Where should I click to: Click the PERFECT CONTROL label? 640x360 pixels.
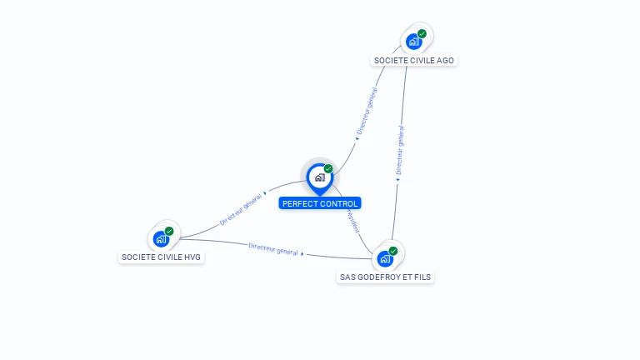[x=320, y=203]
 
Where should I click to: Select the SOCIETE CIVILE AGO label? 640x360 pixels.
[x=414, y=60]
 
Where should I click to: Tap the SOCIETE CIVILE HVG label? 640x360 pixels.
[x=162, y=257]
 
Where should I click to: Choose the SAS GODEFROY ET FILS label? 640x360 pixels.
[x=385, y=277]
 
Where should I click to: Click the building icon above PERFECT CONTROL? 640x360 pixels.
[x=319, y=177]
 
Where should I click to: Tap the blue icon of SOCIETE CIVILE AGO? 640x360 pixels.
[x=413, y=41]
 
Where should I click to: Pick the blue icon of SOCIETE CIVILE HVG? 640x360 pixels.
[x=161, y=238]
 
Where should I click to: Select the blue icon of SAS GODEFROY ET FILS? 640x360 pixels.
[x=384, y=258]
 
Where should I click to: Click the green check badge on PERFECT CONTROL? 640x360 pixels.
[x=328, y=168]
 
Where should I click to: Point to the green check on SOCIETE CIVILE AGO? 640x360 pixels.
[x=422, y=33]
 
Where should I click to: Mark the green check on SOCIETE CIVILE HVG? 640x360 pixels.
[x=169, y=231]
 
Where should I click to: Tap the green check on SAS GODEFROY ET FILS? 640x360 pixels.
[x=393, y=251]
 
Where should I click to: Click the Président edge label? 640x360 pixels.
[x=353, y=222]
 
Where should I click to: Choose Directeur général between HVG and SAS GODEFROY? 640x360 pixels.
[x=273, y=249]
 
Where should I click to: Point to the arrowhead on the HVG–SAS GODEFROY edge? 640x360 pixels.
[x=302, y=253]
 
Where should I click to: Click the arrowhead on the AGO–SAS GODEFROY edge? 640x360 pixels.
[x=398, y=178]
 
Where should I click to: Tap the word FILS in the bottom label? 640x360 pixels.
[x=422, y=277]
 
